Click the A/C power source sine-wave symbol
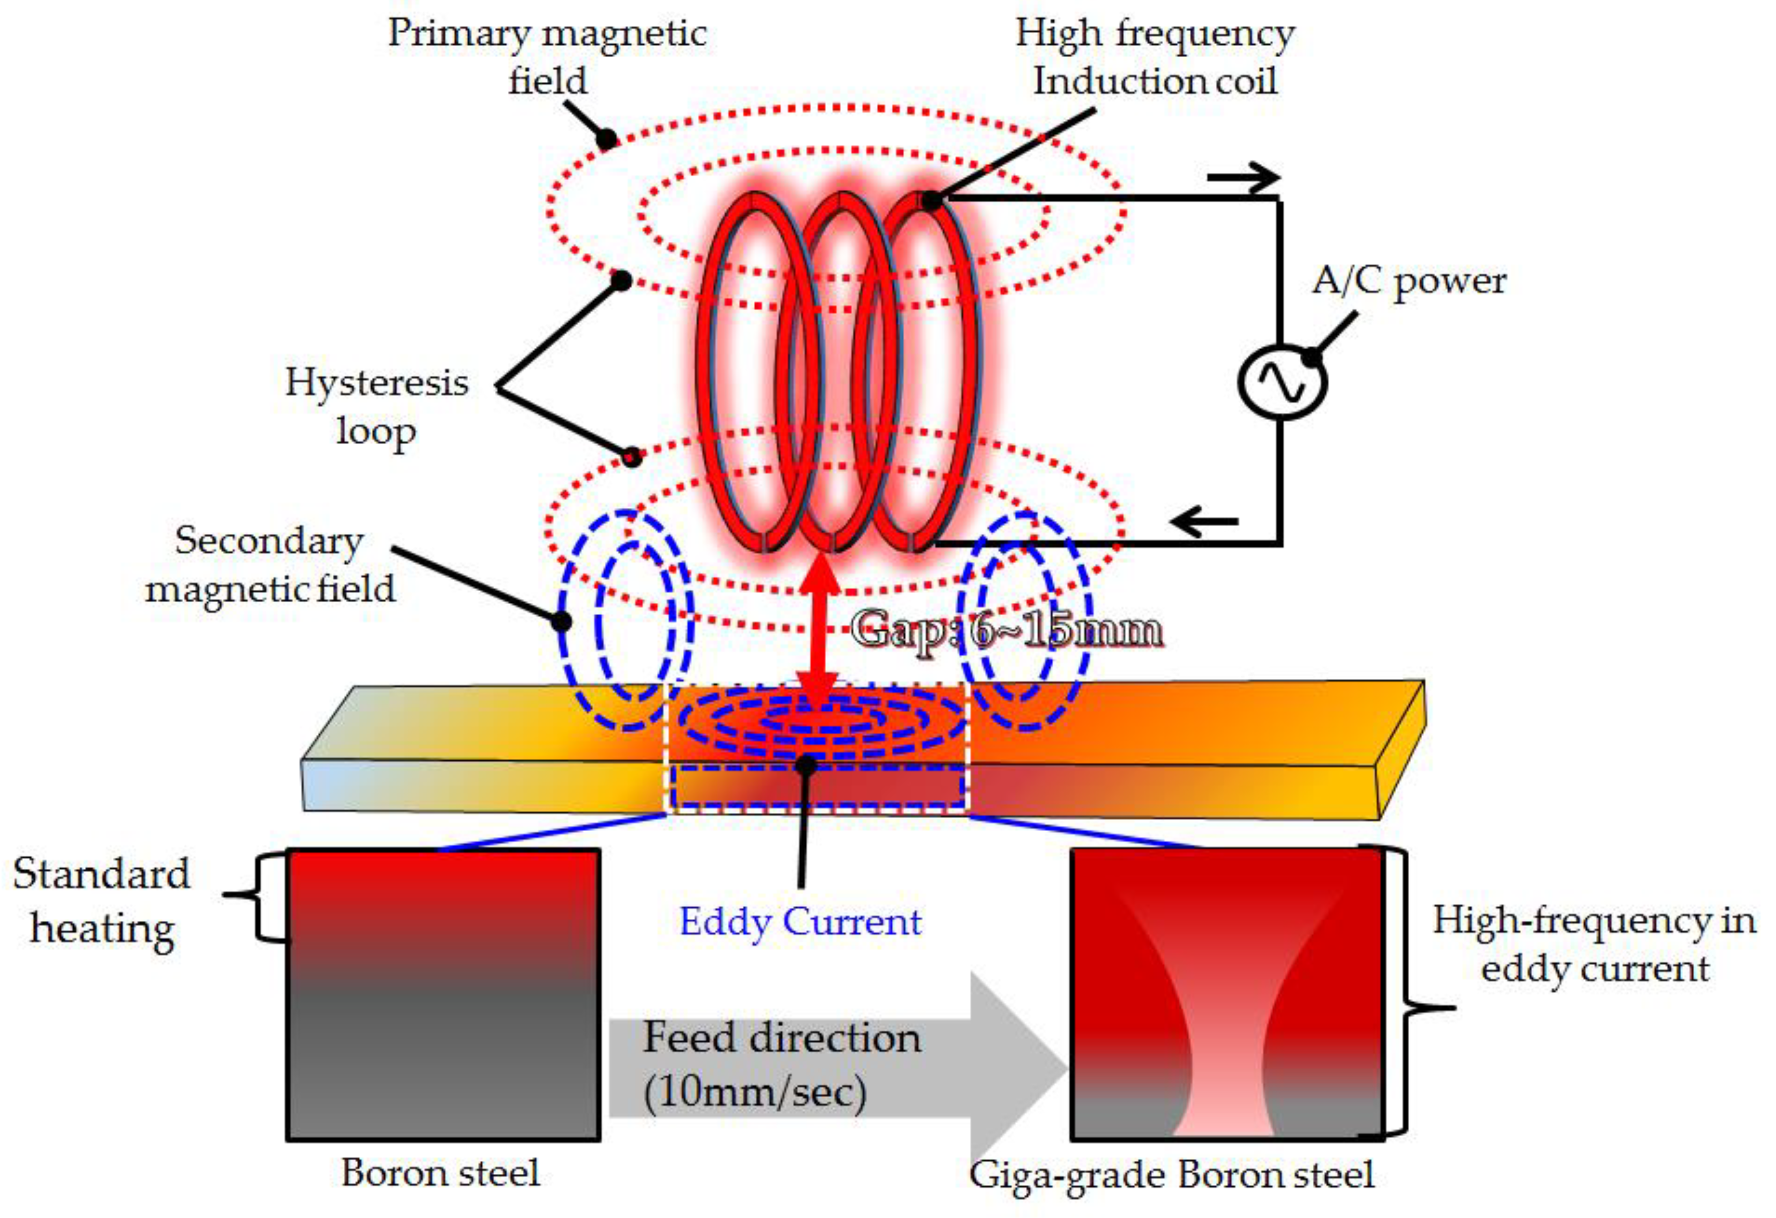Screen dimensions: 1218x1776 tap(1282, 381)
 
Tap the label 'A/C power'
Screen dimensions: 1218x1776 tap(1409, 281)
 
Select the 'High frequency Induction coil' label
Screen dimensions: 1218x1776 tap(1155, 57)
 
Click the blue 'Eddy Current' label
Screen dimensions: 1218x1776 tap(800, 921)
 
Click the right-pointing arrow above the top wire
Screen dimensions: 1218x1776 tap(1243, 178)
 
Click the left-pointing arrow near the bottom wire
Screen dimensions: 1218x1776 tap(1203, 522)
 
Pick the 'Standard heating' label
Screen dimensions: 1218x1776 tap(102, 901)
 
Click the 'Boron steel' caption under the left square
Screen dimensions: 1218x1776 tap(440, 1173)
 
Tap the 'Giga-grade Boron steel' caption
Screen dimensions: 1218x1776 tap(1171, 1174)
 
